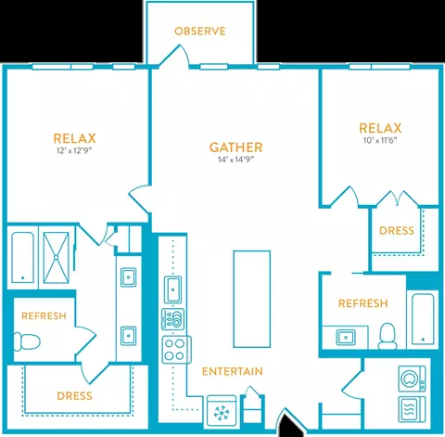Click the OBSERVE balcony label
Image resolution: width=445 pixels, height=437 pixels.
tap(200, 32)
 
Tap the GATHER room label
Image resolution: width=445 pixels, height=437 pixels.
tap(236, 148)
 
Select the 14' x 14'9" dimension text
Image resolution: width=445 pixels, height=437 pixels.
tap(236, 160)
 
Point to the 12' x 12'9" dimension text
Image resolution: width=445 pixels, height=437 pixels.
tap(74, 151)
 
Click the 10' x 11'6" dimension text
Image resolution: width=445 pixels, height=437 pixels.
tap(380, 140)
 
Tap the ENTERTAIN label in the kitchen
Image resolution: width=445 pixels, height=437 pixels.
tap(233, 371)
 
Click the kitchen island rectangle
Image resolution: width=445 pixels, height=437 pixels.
tap(252, 299)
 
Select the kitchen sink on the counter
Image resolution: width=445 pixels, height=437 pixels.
tap(172, 289)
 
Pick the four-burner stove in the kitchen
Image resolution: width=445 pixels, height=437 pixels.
tap(176, 350)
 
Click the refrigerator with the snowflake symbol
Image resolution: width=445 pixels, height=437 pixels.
tap(222, 411)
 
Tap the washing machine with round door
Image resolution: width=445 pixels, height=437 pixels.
tap(412, 379)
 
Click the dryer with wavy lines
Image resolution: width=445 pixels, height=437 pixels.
tap(412, 409)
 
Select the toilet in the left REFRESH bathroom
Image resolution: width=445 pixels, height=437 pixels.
tap(27, 341)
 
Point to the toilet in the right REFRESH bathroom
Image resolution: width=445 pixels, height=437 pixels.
tap(388, 336)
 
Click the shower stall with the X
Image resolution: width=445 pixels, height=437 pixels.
tap(56, 257)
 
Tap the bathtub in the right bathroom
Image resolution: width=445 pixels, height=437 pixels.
tap(423, 319)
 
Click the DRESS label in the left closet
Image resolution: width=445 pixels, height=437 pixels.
tap(74, 396)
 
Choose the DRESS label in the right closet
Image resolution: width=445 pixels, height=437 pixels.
tap(397, 230)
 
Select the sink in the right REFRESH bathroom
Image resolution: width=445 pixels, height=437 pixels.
tap(346, 337)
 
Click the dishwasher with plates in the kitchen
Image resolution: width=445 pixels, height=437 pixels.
tap(173, 319)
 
